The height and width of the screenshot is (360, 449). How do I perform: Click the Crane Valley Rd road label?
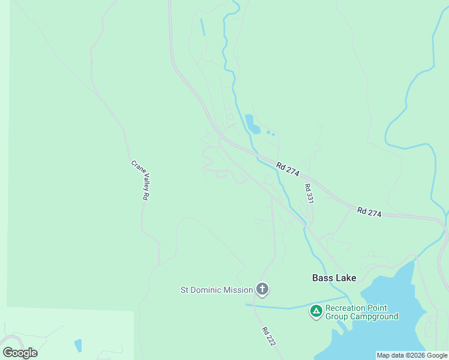pyautogui.click(x=140, y=180)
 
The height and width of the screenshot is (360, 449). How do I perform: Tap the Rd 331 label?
pyautogui.click(x=309, y=194)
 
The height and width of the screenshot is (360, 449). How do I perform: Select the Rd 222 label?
pyautogui.click(x=268, y=335)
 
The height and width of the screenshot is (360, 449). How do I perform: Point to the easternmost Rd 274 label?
pyautogui.click(x=369, y=212)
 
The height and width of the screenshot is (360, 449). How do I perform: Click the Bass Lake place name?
pyautogui.click(x=334, y=278)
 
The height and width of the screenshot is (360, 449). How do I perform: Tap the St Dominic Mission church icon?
pyautogui.click(x=262, y=290)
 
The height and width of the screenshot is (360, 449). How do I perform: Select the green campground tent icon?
pyautogui.click(x=316, y=311)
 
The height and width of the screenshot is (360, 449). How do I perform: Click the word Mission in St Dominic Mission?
pyautogui.click(x=238, y=290)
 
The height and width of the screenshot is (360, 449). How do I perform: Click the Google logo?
pyautogui.click(x=20, y=353)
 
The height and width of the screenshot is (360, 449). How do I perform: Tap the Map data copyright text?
pyautogui.click(x=412, y=355)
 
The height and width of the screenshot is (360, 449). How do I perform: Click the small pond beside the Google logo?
pyautogui.click(x=78, y=346)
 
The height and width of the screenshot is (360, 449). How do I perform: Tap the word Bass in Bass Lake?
pyautogui.click(x=322, y=278)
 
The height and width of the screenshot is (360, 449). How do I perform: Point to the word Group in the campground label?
pyautogui.click(x=336, y=316)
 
